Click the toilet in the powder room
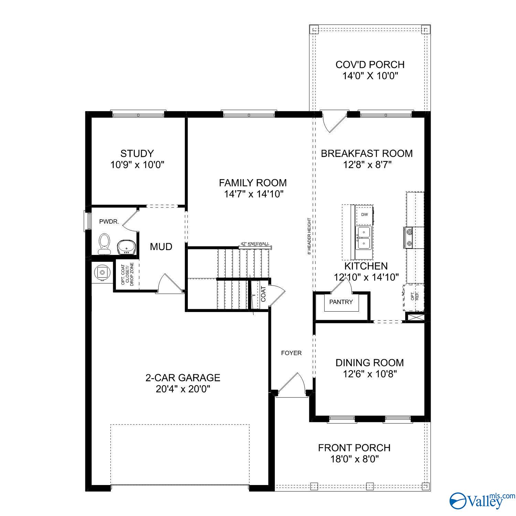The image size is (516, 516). [x=104, y=243]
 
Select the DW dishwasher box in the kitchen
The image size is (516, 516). [x=364, y=215]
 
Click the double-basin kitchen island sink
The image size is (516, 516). [x=364, y=238]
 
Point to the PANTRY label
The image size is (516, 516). [x=341, y=302]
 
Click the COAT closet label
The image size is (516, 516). [x=263, y=294]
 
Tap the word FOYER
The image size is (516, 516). [x=291, y=353]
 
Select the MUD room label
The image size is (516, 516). [x=161, y=247]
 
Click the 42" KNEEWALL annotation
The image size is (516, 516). [x=255, y=244]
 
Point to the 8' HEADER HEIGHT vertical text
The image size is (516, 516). [x=310, y=236]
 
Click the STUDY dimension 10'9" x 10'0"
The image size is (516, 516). [x=137, y=165]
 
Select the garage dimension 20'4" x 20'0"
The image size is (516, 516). [x=183, y=389]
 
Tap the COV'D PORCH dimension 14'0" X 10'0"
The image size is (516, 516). [x=370, y=76]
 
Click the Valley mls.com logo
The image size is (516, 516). [x=482, y=501]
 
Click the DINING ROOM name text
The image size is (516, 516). [x=369, y=363]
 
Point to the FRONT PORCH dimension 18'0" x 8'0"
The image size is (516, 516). [x=354, y=459]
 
